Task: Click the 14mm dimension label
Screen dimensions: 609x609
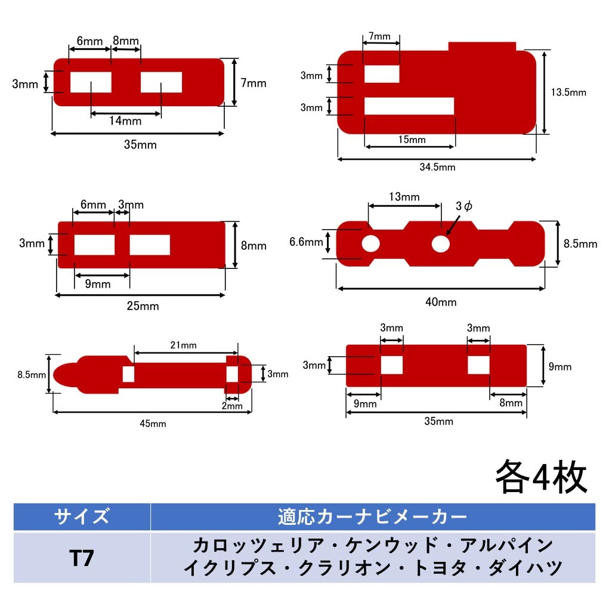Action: tap(125, 120)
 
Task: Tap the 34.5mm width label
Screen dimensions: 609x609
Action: tap(437, 167)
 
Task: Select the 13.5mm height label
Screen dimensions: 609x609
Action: tap(568, 92)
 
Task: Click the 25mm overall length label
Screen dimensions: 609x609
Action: tap(143, 306)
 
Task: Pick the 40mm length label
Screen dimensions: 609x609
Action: tap(441, 302)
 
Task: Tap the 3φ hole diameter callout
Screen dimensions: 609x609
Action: tap(463, 206)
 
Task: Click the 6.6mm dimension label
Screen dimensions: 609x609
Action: tap(305, 242)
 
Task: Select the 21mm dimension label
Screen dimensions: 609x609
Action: tap(184, 345)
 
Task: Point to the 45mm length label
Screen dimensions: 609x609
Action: tap(153, 423)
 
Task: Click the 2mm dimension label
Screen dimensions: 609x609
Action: tap(231, 406)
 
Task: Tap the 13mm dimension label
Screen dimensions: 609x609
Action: tap(404, 197)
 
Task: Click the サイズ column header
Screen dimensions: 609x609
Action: tap(82, 516)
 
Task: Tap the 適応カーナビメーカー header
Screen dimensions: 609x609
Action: tap(372, 516)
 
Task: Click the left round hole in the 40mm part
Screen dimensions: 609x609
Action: tap(370, 243)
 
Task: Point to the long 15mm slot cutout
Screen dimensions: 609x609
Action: tap(409, 106)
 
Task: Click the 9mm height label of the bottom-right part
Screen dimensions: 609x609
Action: tap(559, 366)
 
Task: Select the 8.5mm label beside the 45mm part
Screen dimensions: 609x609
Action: tap(31, 375)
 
